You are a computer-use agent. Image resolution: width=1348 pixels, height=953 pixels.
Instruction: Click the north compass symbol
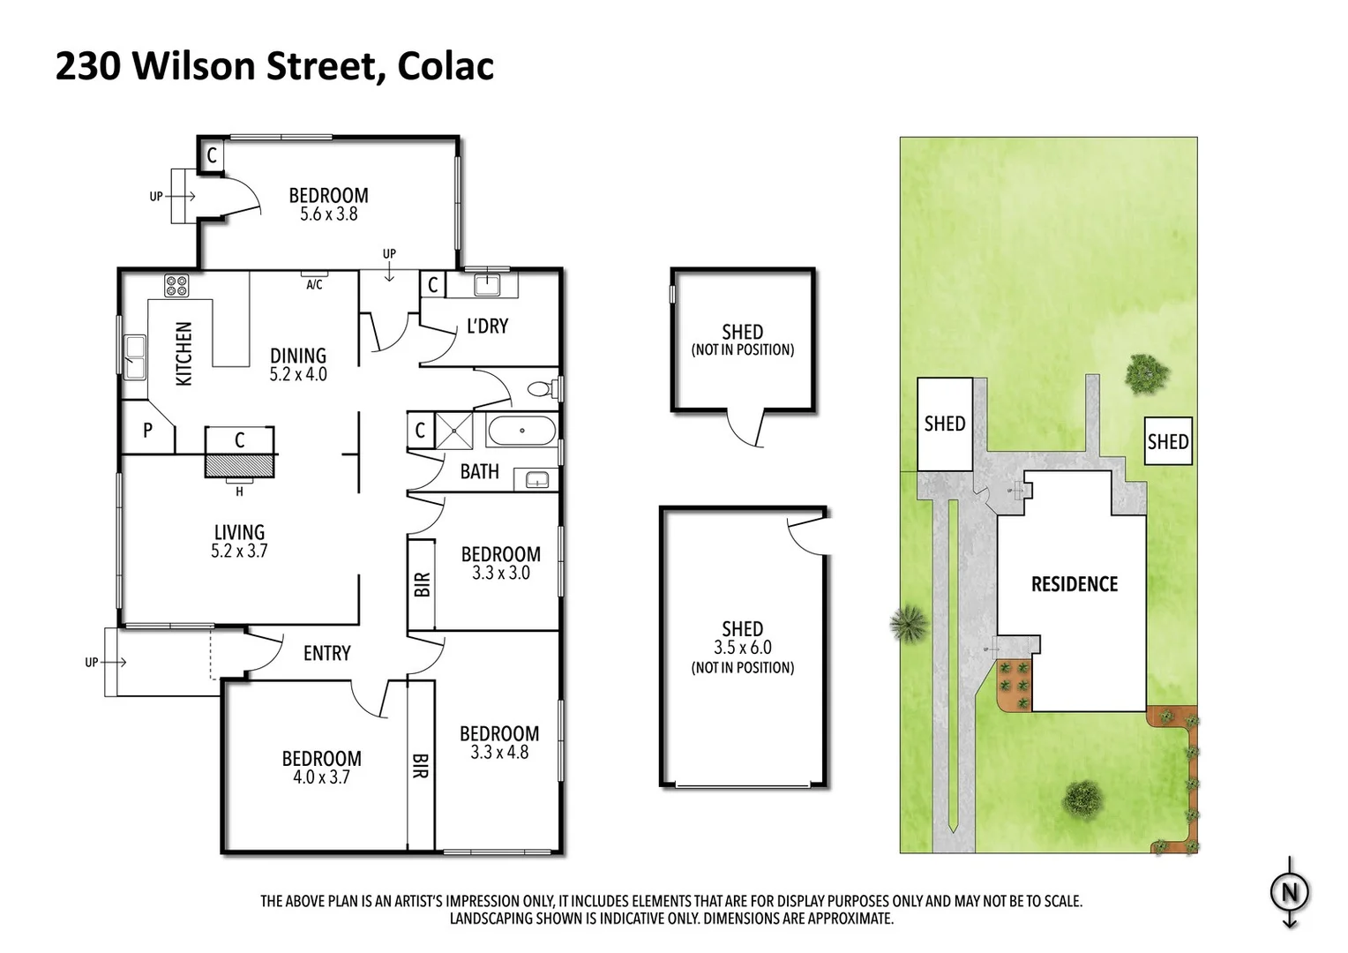(1290, 893)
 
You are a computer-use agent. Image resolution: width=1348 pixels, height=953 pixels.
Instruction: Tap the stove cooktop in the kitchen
(176, 286)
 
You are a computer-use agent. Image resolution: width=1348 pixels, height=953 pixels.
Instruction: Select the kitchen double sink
(134, 356)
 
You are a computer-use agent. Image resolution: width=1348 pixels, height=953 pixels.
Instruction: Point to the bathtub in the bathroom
(521, 431)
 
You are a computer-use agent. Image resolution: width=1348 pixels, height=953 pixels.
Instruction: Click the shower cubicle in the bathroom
(455, 431)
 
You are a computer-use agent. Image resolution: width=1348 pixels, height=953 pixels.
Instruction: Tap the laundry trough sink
(488, 284)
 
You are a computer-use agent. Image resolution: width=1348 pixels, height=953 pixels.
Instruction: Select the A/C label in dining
(314, 285)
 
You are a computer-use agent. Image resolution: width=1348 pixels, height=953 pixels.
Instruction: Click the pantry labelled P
(147, 431)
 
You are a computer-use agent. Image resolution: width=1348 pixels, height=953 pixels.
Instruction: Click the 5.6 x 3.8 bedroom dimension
(328, 214)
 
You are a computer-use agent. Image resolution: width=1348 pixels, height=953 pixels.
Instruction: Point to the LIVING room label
(239, 532)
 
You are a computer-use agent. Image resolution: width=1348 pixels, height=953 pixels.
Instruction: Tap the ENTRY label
(326, 654)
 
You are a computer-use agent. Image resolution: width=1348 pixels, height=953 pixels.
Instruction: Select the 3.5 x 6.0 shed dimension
(742, 648)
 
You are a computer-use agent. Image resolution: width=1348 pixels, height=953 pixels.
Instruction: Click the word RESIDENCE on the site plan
(1074, 584)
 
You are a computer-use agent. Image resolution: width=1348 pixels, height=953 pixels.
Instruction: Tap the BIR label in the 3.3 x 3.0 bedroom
(422, 584)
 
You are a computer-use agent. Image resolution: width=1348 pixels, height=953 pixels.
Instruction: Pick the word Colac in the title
(446, 67)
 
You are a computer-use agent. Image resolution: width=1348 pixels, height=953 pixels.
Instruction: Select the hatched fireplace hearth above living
(241, 466)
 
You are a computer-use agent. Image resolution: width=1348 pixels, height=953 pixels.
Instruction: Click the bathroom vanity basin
(536, 480)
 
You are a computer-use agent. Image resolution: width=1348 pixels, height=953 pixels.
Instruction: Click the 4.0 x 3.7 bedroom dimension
(321, 777)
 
